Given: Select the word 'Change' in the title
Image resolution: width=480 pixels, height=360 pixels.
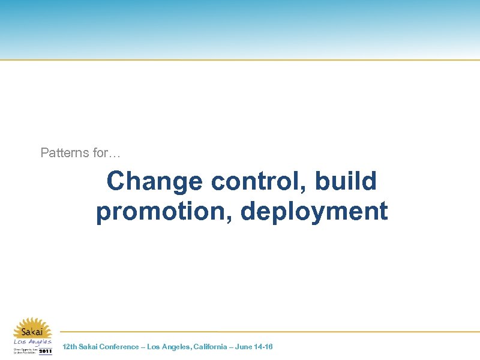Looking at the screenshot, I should click(x=154, y=181).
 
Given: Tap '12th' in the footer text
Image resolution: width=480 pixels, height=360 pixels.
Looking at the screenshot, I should click(x=70, y=347).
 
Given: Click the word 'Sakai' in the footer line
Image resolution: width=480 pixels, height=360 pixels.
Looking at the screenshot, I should click(x=88, y=347).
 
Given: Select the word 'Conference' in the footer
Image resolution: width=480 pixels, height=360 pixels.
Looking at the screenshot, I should click(x=119, y=347).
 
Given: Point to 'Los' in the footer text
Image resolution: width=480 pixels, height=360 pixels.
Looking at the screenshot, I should click(x=154, y=347).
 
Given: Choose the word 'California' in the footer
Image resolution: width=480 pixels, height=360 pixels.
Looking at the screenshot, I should click(x=211, y=347).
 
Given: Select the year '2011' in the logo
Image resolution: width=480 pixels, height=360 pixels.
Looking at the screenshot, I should click(x=46, y=351).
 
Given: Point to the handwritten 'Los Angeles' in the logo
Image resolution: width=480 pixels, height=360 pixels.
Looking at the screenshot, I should click(x=33, y=342).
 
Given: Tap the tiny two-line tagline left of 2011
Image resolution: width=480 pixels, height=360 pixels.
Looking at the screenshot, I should click(x=24, y=351).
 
